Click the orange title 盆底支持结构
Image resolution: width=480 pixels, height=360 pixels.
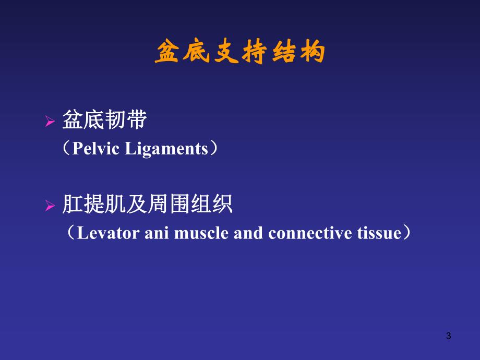pyautogui.click(x=240, y=53)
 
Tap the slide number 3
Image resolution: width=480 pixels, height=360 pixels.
pyautogui.click(x=448, y=337)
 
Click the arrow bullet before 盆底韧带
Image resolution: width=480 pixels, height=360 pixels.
pyautogui.click(x=50, y=122)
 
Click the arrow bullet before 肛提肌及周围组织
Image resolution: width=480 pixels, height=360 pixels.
pyautogui.click(x=50, y=206)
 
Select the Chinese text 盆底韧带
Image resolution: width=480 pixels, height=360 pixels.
pyautogui.click(x=104, y=121)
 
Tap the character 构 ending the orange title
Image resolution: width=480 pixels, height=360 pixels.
pyautogui.click(x=313, y=53)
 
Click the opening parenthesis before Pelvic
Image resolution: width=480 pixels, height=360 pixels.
pyautogui.click(x=67, y=149)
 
